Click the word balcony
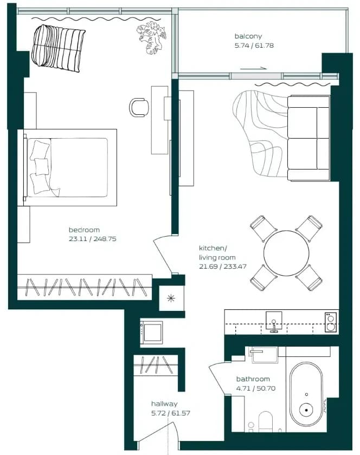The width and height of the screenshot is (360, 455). (248, 36)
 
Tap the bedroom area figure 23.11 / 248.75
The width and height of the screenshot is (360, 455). (92, 239)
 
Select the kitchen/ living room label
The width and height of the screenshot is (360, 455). (217, 253)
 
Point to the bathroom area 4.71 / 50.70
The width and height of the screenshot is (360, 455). (256, 388)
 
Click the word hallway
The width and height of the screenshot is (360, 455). (164, 404)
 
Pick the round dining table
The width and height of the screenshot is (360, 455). (286, 253)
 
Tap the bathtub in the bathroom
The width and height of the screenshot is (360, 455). (306, 394)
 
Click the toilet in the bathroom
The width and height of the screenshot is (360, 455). (265, 421)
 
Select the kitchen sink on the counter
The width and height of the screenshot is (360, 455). (274, 321)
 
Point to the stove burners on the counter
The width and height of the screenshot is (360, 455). (331, 322)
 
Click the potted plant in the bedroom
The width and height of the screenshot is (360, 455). (151, 37)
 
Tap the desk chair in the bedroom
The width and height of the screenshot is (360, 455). (139, 107)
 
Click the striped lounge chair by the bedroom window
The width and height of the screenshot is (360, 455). (58, 48)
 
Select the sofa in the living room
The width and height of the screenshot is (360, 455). (308, 138)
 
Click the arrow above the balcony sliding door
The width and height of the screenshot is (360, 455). (253, 69)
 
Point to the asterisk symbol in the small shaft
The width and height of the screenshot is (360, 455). (171, 298)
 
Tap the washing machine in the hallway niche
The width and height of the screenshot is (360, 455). (151, 333)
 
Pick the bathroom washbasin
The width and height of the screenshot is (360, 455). (265, 355)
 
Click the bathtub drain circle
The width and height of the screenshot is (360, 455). (306, 410)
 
